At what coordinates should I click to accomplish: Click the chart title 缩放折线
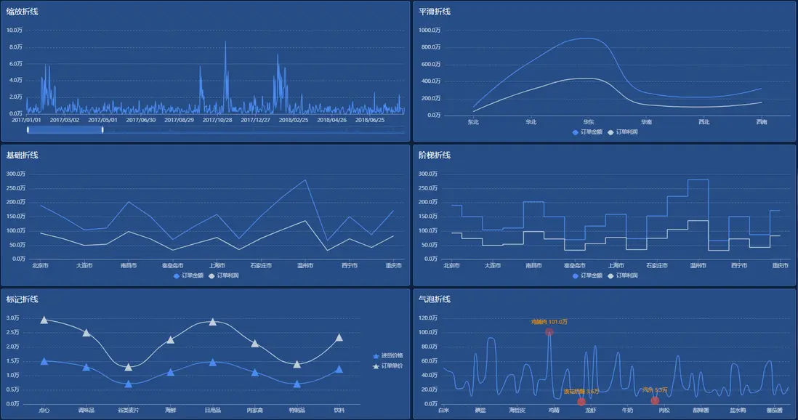coord(23,12)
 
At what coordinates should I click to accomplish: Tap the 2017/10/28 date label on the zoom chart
coord(217,120)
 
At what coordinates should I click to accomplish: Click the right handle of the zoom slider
coord(102,129)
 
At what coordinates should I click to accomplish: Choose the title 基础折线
coord(23,156)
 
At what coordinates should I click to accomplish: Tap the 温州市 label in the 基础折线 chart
coord(305,265)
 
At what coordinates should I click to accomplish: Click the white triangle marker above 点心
coord(44,320)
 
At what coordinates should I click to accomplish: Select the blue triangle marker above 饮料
coord(339,369)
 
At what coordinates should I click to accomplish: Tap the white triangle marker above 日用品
coord(213,322)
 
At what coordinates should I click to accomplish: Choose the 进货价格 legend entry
coord(388,356)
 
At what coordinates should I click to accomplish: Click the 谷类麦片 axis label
coord(129,410)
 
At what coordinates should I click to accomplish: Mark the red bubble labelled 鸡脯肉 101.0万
coord(549,332)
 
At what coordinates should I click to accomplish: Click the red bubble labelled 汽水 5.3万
coord(656,400)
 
